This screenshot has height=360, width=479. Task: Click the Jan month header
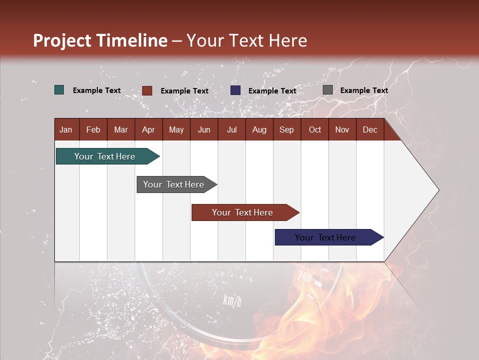[x=66, y=129]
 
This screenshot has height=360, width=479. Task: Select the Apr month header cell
[x=149, y=129]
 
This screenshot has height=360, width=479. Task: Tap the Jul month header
[x=232, y=129]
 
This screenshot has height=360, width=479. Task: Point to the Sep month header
[x=286, y=129]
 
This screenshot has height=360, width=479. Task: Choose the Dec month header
[x=370, y=129]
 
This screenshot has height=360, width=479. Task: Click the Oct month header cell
[x=315, y=129]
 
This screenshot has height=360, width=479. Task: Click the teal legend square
[x=59, y=90]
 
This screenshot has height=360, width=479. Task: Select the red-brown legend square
[x=147, y=90]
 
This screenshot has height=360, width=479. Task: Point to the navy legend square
[x=236, y=90]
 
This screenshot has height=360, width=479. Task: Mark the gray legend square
[x=328, y=90]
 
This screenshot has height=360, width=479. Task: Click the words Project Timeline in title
[x=100, y=40]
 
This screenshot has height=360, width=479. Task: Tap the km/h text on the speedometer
[x=232, y=300]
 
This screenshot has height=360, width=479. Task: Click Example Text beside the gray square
[x=364, y=90]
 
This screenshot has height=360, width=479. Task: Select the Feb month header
[x=93, y=129]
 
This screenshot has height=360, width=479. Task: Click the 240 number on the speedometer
[x=304, y=276]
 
